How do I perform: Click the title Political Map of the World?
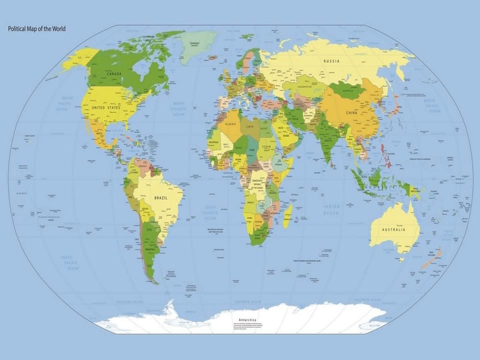[x=36, y=29]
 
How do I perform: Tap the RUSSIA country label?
[x=331, y=61]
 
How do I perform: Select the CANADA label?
[x=114, y=74]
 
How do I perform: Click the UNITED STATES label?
[x=107, y=107]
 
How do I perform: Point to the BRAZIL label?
[x=161, y=197]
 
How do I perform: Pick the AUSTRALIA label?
[x=393, y=229]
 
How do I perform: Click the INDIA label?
[x=327, y=140]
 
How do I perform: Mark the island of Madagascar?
[x=287, y=215]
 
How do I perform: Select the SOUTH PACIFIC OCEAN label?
[x=69, y=263]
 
